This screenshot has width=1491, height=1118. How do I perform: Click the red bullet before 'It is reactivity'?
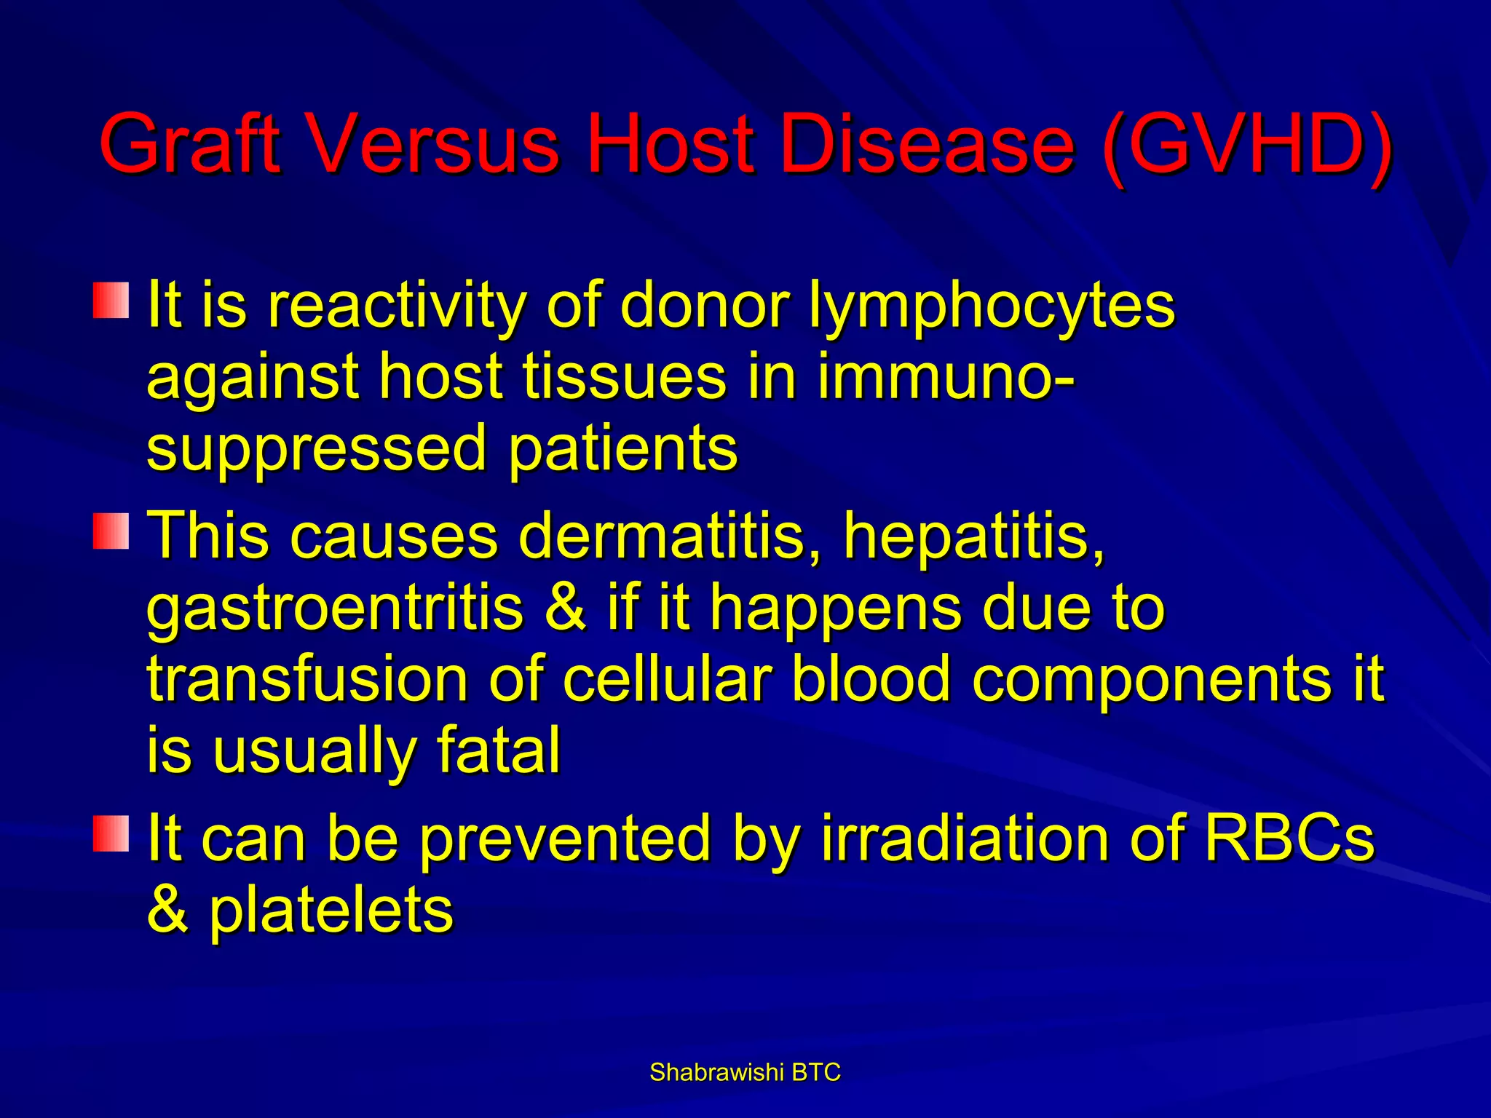coord(111,301)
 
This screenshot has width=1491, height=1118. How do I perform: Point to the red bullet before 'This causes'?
coord(111,531)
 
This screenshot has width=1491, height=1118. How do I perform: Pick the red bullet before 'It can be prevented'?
coord(111,833)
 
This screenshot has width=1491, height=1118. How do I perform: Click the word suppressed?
coord(316,450)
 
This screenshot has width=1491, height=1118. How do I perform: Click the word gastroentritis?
coord(335,608)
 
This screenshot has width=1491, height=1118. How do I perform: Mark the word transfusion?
coord(306,679)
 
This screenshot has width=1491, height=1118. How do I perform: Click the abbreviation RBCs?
coord(1289,838)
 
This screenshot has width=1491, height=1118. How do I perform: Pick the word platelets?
coord(331,911)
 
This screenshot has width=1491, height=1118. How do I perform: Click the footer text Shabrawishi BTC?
coord(745,1072)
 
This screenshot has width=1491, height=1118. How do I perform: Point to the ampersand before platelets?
coord(167,911)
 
